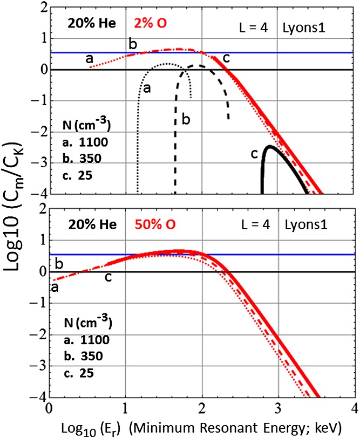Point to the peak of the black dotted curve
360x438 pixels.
coord(168,64)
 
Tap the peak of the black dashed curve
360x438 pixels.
coord(198,65)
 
